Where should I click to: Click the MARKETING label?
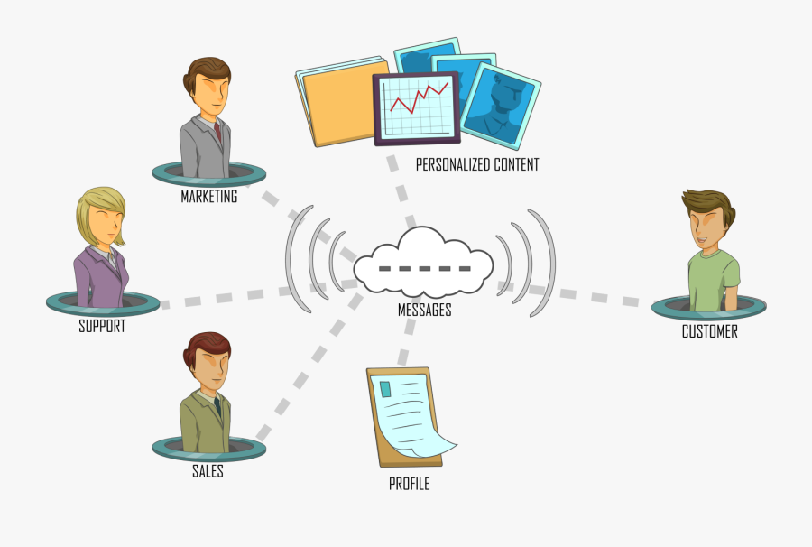209,196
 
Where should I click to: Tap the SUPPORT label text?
102,326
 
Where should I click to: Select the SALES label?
208,471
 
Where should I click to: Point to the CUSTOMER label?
709,331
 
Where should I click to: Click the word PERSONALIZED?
453,164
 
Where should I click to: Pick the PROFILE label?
409,483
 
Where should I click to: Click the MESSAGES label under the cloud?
425,310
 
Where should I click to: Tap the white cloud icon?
423,262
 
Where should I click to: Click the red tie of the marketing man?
217,132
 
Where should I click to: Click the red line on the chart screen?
419,97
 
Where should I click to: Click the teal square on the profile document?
385,389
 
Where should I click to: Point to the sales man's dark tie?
217,406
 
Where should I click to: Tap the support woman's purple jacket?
100,277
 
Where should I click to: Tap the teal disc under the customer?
708,308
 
